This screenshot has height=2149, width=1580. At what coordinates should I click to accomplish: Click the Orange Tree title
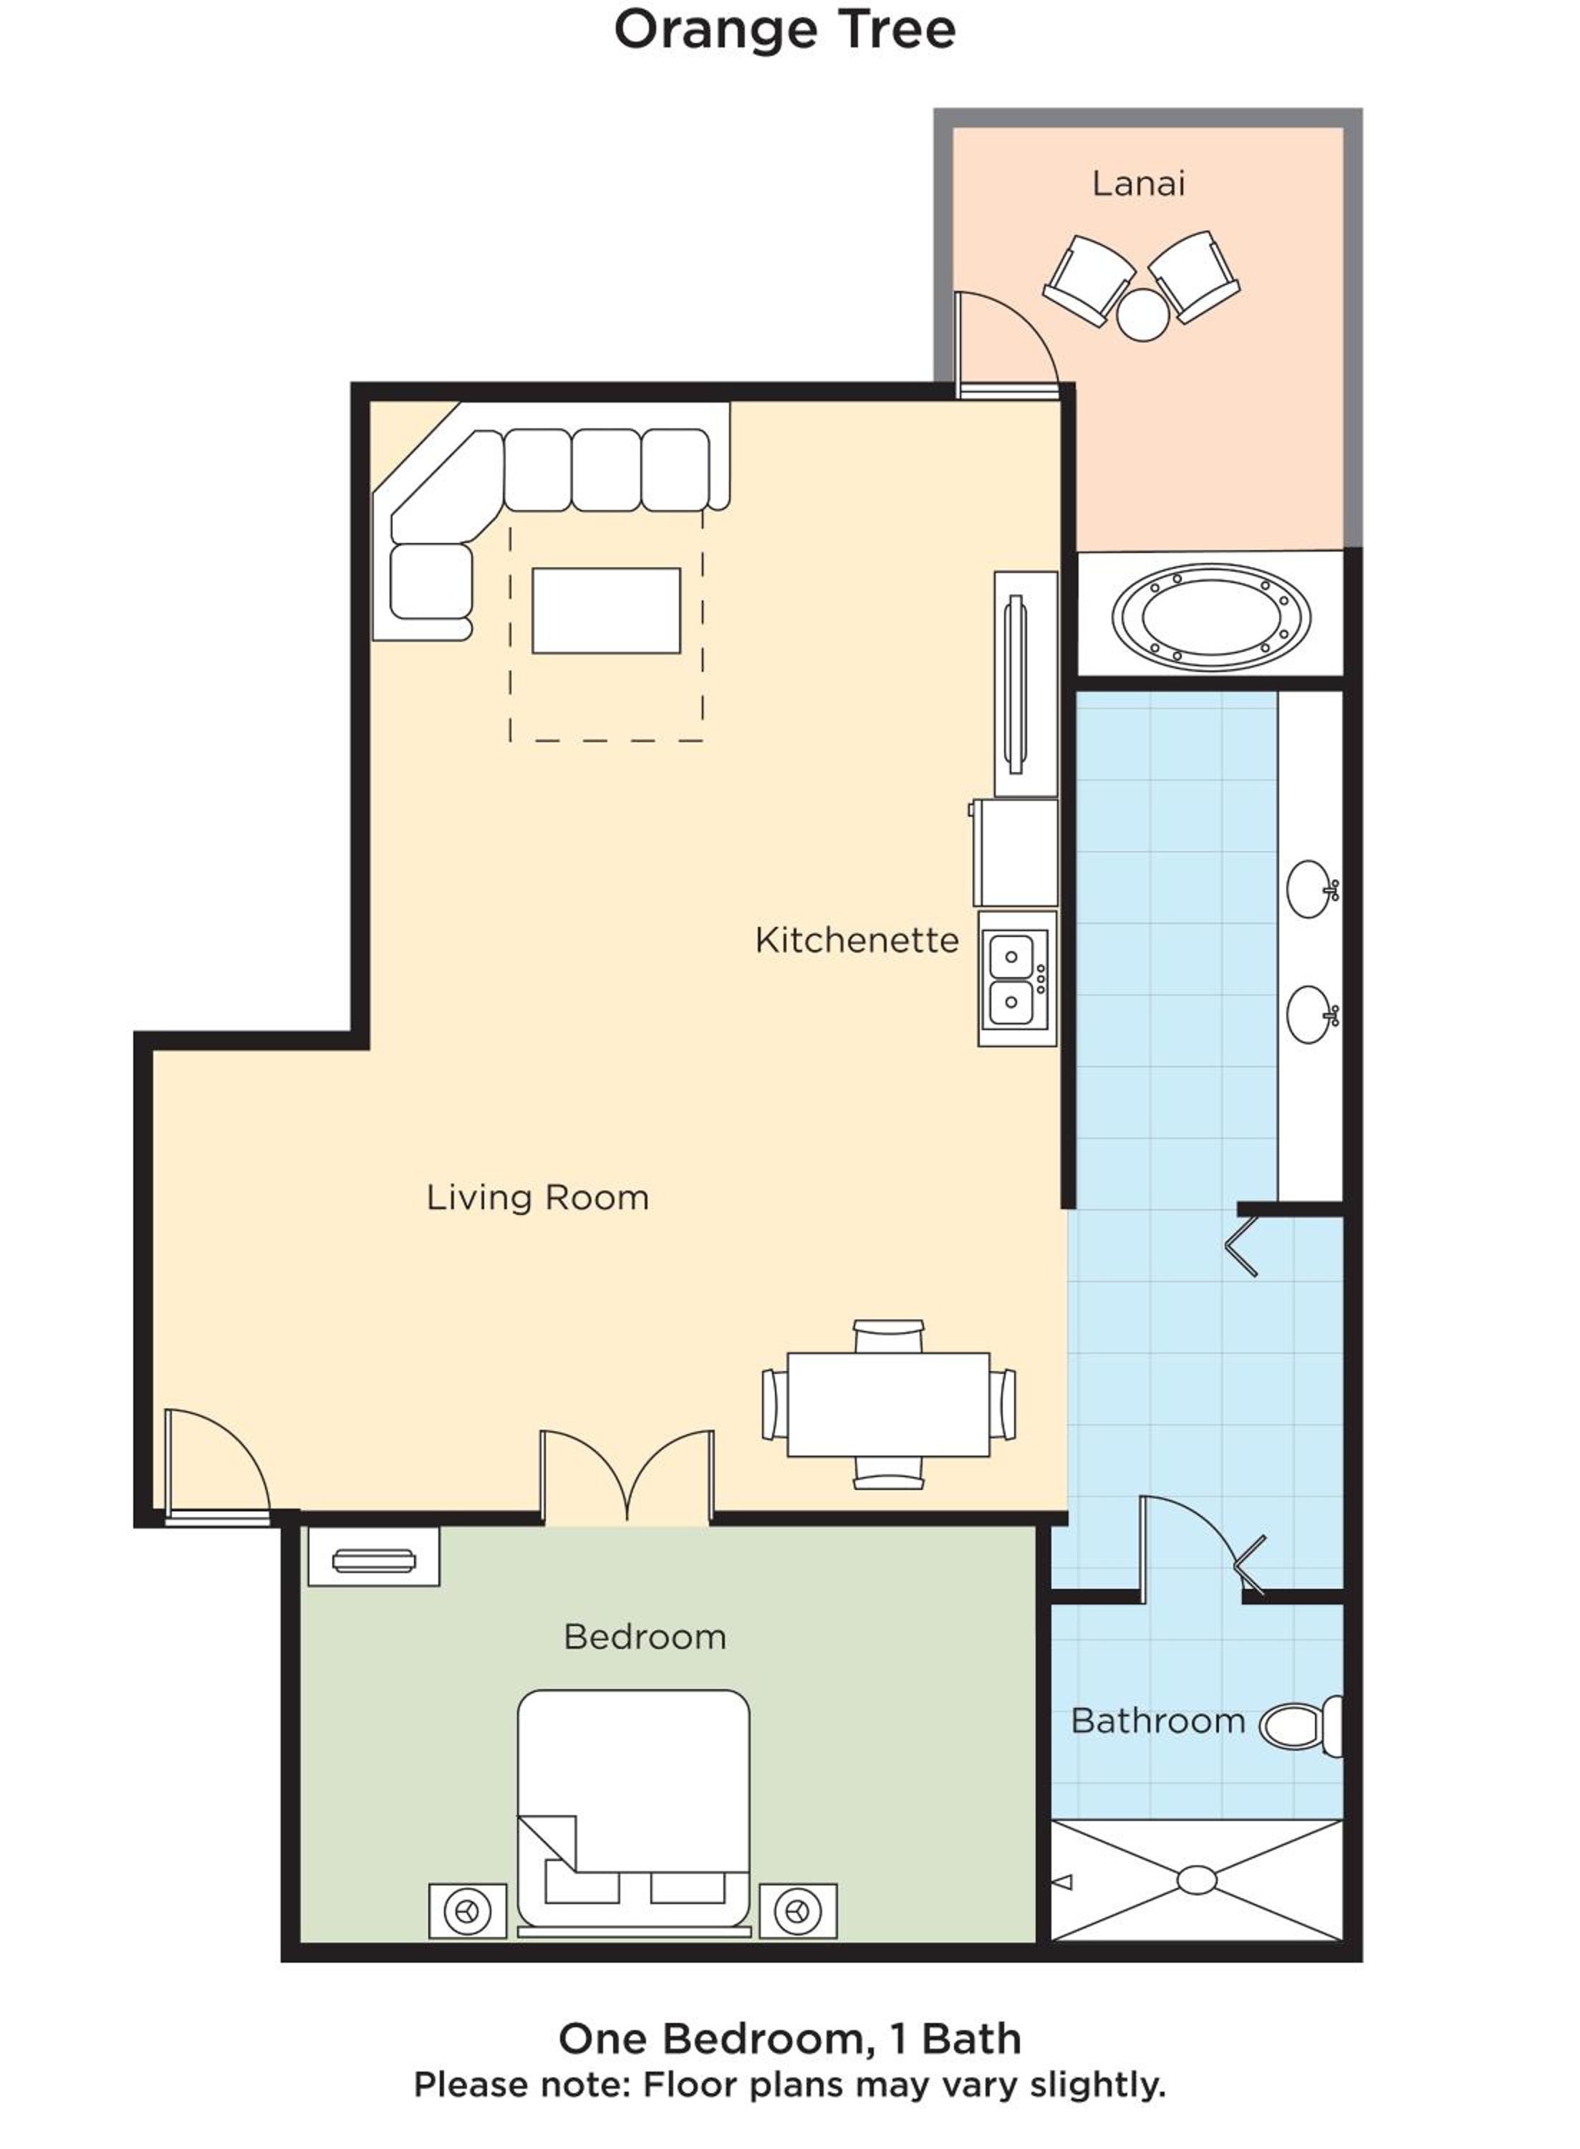click(784, 31)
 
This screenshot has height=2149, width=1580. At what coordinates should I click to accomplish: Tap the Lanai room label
click(1138, 183)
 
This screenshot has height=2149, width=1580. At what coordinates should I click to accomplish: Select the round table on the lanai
click(1143, 314)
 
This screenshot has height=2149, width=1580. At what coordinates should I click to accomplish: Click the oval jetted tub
click(1211, 617)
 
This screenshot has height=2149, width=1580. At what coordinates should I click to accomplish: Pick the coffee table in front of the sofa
click(607, 610)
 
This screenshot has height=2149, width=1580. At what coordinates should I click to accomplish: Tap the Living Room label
click(537, 1198)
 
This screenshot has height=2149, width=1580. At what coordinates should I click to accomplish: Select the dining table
click(889, 1404)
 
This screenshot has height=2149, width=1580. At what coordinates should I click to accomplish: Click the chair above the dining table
click(889, 1336)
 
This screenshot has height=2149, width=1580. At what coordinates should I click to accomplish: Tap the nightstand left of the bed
click(468, 1911)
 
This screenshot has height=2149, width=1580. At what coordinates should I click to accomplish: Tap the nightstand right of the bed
click(798, 1911)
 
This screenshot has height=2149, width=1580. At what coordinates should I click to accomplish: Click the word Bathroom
click(1157, 1721)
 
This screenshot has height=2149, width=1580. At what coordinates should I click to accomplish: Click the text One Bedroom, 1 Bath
click(790, 2038)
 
